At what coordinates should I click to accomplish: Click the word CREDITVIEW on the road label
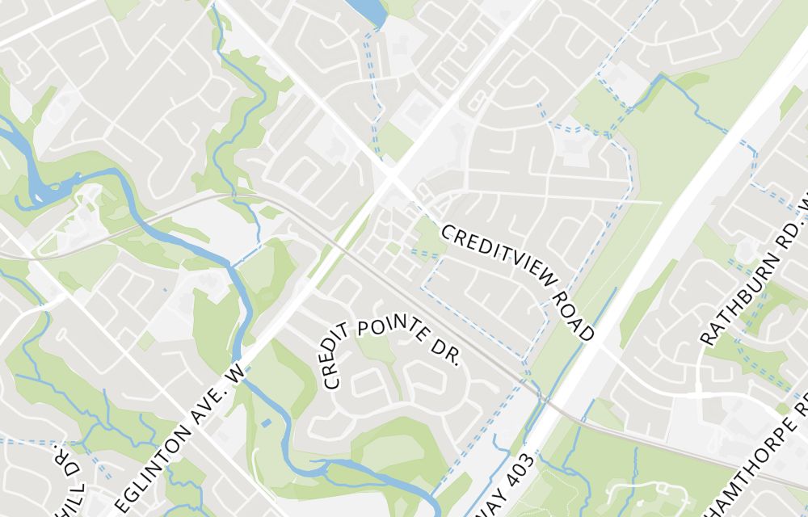pyautogui.click(x=498, y=258)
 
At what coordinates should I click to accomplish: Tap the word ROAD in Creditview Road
pyautogui.click(x=574, y=316)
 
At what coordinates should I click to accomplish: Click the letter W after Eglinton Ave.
pyautogui.click(x=235, y=373)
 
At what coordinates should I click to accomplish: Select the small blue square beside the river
pyautogui.click(x=267, y=422)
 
